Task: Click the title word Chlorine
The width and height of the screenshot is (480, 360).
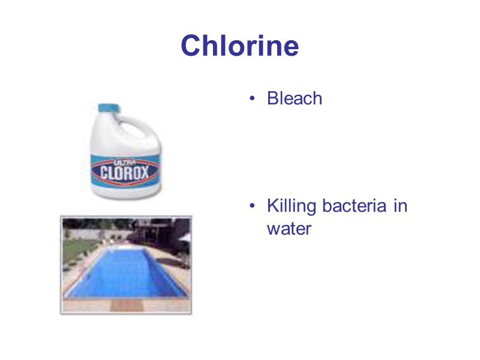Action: pos(239,46)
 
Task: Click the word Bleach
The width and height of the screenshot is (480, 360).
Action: pos(295,98)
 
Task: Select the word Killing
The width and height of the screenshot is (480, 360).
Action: pos(292,206)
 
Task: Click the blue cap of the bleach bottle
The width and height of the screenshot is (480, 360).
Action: pos(109,109)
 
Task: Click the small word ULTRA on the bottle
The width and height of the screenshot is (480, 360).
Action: pos(123,161)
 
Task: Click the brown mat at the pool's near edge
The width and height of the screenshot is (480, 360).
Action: pos(122,304)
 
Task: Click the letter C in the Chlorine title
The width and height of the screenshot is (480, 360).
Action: pos(191,46)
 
